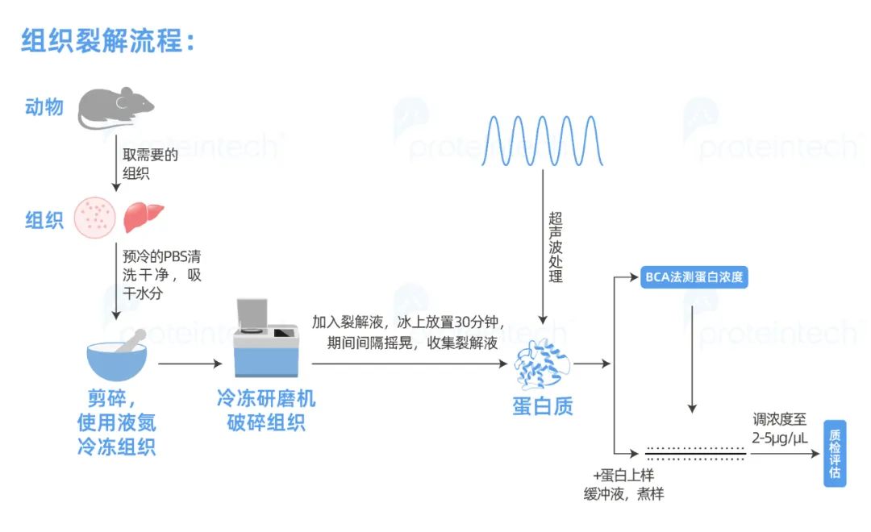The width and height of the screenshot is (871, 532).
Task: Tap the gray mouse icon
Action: [115, 109]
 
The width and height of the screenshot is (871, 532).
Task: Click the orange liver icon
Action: [144, 217]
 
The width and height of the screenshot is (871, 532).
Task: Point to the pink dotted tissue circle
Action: [96, 218]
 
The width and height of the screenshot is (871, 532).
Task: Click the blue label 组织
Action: [44, 220]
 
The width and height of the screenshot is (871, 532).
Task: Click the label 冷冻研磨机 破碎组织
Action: [265, 410]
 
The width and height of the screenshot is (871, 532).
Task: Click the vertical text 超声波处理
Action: [555, 247]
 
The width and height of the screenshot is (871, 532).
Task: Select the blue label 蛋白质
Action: [542, 405]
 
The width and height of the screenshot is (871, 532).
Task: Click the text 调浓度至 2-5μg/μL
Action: [779, 429]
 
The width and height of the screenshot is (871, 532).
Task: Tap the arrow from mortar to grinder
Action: [190, 364]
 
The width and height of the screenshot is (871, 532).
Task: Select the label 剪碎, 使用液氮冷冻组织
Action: [116, 422]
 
